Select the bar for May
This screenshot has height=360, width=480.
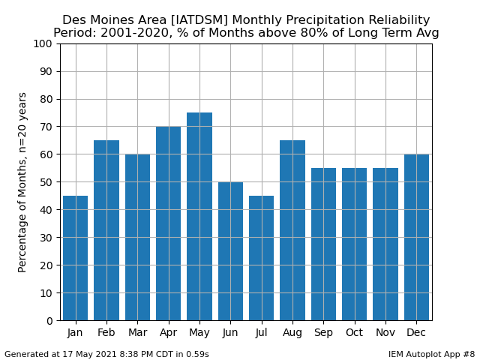(199, 217)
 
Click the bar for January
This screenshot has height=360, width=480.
(75, 258)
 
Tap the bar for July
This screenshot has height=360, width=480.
(262, 258)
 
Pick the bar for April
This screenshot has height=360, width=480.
(168, 223)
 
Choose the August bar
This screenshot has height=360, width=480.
(292, 230)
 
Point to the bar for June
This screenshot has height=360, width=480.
(230, 251)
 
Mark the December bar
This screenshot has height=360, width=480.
(417, 238)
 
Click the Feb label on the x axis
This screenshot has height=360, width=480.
(106, 332)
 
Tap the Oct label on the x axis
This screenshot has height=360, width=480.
(355, 332)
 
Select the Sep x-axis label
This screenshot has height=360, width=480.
(323, 333)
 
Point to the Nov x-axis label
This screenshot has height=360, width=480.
(385, 332)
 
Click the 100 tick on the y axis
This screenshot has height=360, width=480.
(43, 43)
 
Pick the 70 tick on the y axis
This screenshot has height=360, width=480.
(46, 127)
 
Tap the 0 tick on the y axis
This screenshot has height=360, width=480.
(49, 321)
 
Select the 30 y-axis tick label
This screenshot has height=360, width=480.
(46, 238)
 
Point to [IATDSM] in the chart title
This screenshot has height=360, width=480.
(199, 20)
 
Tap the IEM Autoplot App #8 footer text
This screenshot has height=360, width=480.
(432, 355)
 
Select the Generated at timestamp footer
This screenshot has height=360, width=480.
(106, 355)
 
